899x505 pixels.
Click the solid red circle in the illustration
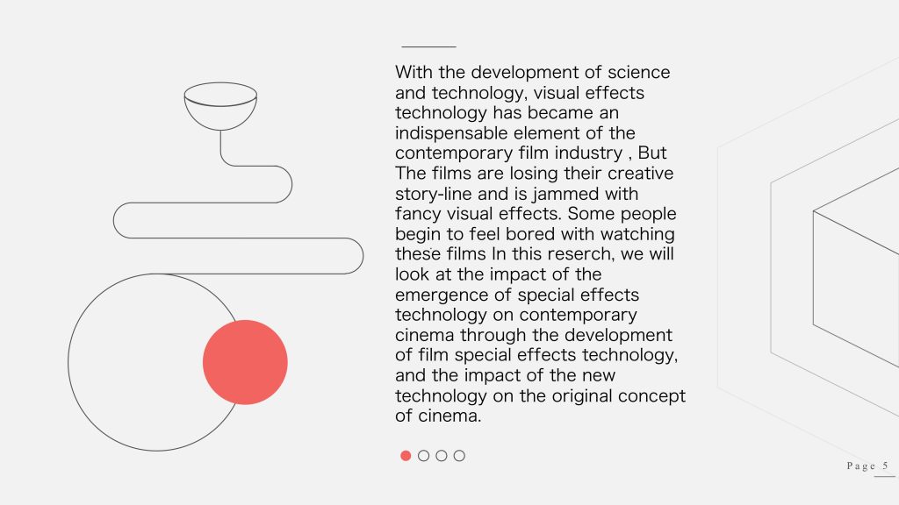pyautogui.click(x=245, y=362)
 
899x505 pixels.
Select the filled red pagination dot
pyautogui.click(x=406, y=456)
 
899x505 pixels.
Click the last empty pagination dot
pyautogui.click(x=459, y=456)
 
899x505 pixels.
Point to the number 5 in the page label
pyautogui.click(x=885, y=466)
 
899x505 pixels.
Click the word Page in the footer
pyautogui.click(x=861, y=466)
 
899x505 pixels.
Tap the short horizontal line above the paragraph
pyautogui.click(x=428, y=47)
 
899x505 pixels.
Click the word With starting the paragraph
pyautogui.click(x=414, y=73)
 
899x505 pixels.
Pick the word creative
pyautogui.click(x=640, y=174)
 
